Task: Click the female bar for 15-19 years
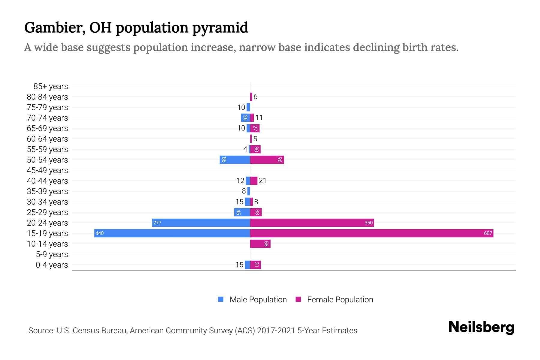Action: [x=371, y=233]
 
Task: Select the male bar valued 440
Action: [x=172, y=233]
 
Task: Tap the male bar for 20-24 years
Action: [x=201, y=223]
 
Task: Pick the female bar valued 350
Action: [x=312, y=223]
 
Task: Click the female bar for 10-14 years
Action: [x=260, y=244]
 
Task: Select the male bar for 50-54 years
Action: [x=235, y=160]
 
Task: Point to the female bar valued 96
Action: [x=267, y=160]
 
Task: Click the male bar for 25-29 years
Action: [x=242, y=212]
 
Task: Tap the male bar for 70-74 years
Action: [x=245, y=118]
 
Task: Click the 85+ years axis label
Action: [x=51, y=86]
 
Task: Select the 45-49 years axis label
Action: [x=47, y=170]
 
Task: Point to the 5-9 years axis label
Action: [x=52, y=254]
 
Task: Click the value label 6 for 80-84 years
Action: [x=255, y=97]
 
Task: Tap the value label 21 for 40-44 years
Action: [x=262, y=181]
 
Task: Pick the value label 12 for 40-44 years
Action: [x=240, y=181]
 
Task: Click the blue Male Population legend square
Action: [x=221, y=299]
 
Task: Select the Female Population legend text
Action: [x=340, y=299]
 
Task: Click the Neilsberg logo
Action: [x=481, y=327]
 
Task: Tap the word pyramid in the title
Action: [x=220, y=28]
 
